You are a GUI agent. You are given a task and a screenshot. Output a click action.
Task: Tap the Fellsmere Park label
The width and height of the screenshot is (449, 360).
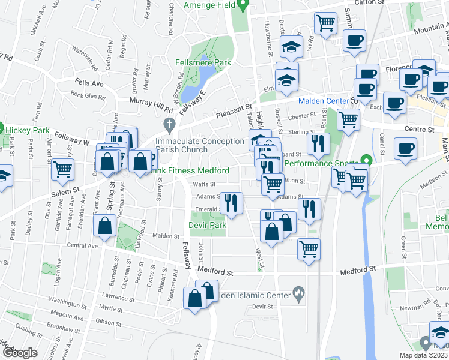(x=203, y=62)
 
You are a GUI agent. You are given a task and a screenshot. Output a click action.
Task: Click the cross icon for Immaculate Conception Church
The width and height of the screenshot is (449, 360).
(x=169, y=125)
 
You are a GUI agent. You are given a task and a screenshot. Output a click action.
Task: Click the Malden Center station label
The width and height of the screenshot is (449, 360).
(x=324, y=101)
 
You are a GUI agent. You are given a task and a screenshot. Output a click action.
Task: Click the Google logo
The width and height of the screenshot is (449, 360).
(x=20, y=353)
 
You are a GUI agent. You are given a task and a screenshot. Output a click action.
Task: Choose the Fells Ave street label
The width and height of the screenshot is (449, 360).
(x=89, y=83)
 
